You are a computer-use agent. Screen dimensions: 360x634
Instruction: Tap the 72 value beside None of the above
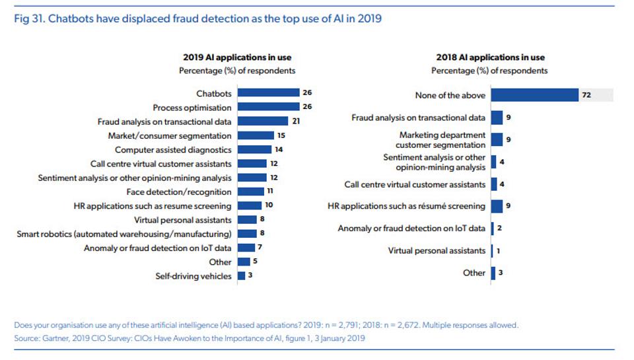[586, 95]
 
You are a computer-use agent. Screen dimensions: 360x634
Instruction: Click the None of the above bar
[534, 95]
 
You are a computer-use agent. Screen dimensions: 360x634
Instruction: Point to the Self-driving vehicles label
[194, 276]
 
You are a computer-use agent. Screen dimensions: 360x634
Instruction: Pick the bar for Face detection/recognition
[250, 192]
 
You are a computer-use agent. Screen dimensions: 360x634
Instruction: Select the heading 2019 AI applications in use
[237, 57]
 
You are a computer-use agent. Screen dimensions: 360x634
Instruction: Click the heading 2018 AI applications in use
[490, 57]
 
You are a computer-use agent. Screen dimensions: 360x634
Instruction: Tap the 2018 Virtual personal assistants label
[437, 250]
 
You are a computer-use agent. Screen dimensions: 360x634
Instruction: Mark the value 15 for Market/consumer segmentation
[281, 135]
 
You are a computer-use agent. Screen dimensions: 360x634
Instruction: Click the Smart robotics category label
[124, 234]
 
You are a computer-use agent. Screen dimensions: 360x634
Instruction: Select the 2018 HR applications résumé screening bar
[497, 206]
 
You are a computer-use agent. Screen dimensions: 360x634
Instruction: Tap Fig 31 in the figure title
[27, 18]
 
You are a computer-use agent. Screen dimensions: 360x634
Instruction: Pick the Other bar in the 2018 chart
[493, 273]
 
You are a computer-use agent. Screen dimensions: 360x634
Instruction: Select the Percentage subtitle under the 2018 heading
[489, 71]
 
